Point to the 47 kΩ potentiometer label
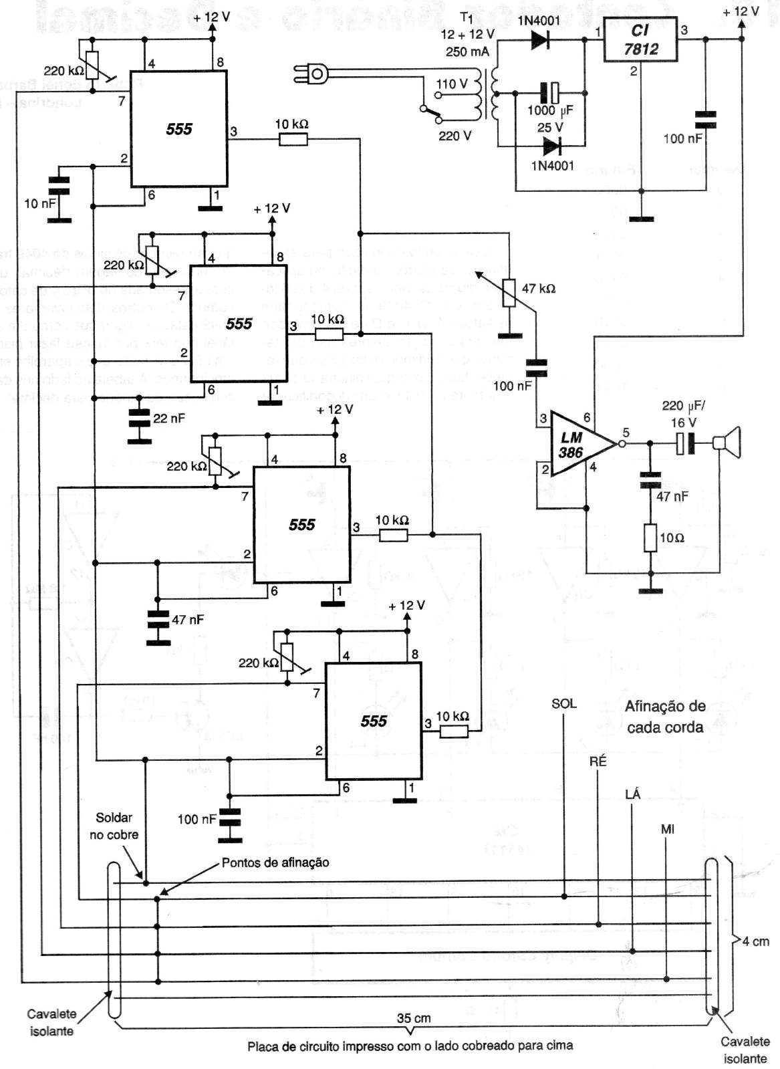(x=538, y=289)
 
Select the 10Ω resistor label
(x=671, y=538)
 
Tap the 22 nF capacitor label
(x=169, y=419)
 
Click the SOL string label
(x=563, y=703)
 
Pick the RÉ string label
(x=598, y=761)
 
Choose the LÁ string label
(x=632, y=794)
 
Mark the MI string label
(x=667, y=829)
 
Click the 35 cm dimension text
(x=414, y=1018)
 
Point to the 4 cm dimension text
(x=756, y=942)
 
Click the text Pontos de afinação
(x=275, y=862)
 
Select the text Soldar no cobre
(x=114, y=826)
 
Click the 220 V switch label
(x=454, y=136)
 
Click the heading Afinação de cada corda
(x=665, y=716)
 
